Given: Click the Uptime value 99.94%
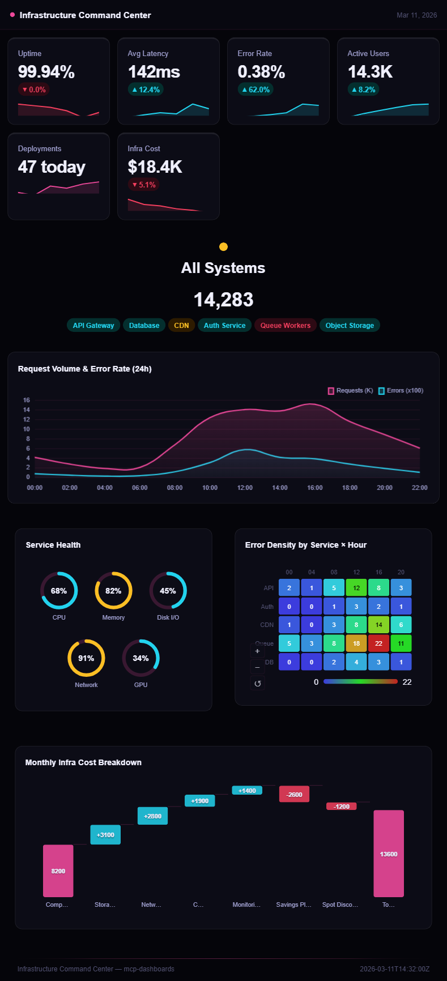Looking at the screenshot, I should click(x=46, y=72).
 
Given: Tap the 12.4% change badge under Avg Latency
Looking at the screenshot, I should click(x=146, y=89).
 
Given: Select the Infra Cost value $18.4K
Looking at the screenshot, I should click(x=155, y=167).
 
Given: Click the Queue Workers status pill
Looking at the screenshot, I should click(x=285, y=325).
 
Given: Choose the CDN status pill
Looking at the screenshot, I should click(x=181, y=325).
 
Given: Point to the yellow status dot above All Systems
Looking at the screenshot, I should click(x=223, y=246).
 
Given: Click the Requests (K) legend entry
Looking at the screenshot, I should click(x=351, y=391).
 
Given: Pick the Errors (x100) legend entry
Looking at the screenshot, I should click(x=401, y=391).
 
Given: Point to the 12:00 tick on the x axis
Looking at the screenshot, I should click(x=245, y=488).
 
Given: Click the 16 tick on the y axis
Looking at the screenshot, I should click(x=27, y=400).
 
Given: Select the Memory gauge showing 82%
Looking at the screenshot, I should click(x=113, y=591).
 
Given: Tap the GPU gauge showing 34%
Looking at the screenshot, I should click(x=141, y=658).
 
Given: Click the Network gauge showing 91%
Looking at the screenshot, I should click(x=86, y=658).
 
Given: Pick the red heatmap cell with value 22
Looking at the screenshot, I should click(x=378, y=643).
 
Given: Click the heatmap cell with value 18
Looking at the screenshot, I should click(x=356, y=643).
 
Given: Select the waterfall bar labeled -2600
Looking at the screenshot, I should click(x=294, y=794).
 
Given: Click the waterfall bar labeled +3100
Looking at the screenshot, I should click(x=105, y=834).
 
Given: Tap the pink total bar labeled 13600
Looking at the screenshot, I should click(x=389, y=854).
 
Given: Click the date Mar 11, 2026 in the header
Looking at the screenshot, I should click(x=416, y=15).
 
